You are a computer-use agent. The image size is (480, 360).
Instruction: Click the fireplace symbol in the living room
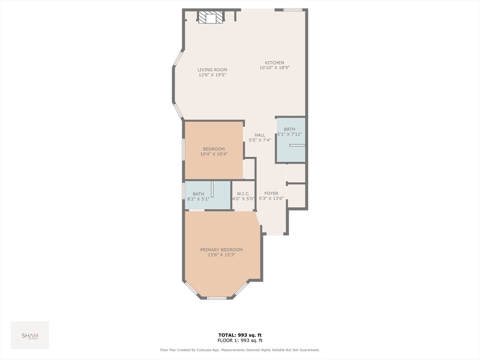pos(210,18)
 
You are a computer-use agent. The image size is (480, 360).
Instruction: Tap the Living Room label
pos(212,70)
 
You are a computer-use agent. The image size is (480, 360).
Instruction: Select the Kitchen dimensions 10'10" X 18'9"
pos(274,68)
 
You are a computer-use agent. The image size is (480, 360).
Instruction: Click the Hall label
pos(260,135)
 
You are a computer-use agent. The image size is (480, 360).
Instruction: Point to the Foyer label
pos(271,193)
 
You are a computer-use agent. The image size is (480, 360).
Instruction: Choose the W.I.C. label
pos(243,194)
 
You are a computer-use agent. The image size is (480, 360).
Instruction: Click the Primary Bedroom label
pos(221,250)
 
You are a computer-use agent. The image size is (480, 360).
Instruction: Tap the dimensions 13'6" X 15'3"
pos(221,255)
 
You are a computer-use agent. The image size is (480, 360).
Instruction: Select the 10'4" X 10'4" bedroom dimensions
pos(214,154)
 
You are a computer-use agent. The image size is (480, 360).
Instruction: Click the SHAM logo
pos(30,336)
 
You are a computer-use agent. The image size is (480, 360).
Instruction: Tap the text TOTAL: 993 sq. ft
pos(240,335)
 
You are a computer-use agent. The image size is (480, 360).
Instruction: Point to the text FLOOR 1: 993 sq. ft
pos(240,340)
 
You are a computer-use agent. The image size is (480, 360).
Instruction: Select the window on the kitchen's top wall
pos(292,9)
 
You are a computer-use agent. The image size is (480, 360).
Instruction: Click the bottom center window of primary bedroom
pos(217,298)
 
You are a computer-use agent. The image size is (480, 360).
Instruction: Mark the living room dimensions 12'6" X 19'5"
pos(212,75)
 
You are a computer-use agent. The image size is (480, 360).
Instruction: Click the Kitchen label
pos(274,63)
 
